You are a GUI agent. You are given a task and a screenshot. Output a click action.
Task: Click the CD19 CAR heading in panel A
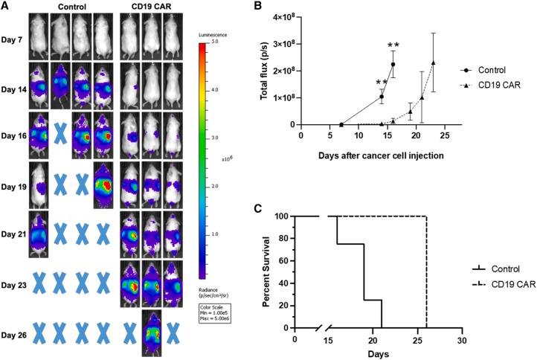152,7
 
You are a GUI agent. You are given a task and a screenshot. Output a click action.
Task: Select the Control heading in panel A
71,7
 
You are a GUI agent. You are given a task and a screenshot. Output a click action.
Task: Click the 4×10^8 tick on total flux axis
283,17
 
